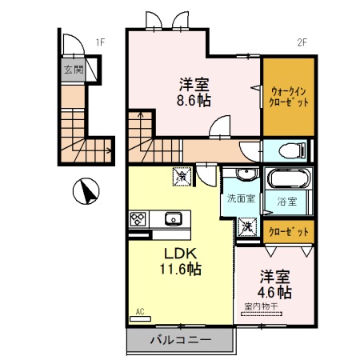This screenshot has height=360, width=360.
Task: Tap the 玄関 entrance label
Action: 74,70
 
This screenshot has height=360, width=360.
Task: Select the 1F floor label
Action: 100,42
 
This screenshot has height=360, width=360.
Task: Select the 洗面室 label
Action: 240,198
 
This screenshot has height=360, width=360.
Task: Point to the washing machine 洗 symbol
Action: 246,226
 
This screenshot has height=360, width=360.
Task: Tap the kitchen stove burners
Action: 137,218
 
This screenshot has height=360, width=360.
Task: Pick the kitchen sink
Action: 173,218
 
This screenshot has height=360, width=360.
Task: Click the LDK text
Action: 181,254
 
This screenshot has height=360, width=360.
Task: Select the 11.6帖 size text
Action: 181,270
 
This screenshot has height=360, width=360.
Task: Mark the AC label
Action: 139,311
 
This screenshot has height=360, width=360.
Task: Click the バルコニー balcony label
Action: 181,340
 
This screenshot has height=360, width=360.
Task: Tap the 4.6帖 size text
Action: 274,293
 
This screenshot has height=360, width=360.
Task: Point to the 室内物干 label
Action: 262,306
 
